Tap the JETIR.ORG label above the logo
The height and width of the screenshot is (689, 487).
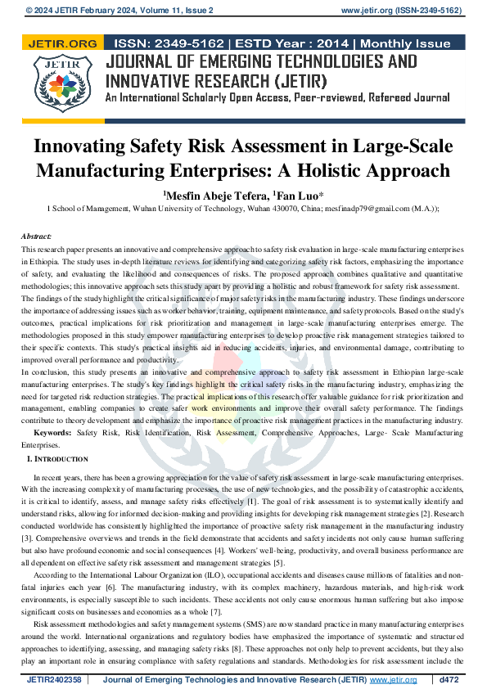pyautogui.click(x=62, y=43)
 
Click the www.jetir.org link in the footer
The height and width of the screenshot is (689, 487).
pyautogui.click(x=393, y=680)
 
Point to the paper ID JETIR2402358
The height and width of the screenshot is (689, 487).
pyautogui.click(x=54, y=680)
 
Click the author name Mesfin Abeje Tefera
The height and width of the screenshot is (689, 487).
pyautogui.click(x=214, y=196)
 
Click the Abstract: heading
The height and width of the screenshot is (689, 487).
pyautogui.click(x=36, y=236)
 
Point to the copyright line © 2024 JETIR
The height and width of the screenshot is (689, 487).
pyautogui.click(x=59, y=11)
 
